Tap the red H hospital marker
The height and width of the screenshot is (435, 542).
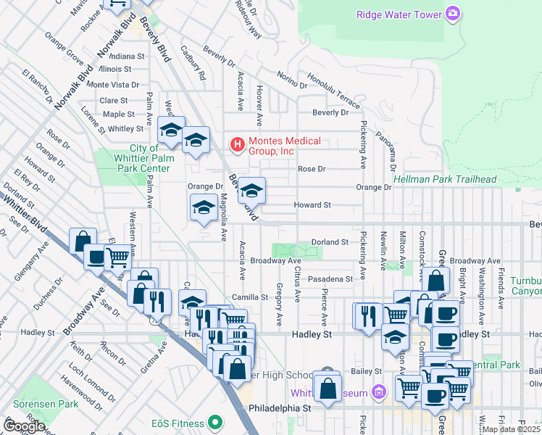pyautogui.click(x=236, y=145)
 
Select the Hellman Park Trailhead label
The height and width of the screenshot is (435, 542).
pyautogui.click(x=444, y=179)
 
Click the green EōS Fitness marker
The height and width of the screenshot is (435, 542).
pyautogui.click(x=214, y=421)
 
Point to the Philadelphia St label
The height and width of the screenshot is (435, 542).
pyautogui.click(x=279, y=408)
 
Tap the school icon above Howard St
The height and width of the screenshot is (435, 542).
pyautogui.click(x=252, y=191)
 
